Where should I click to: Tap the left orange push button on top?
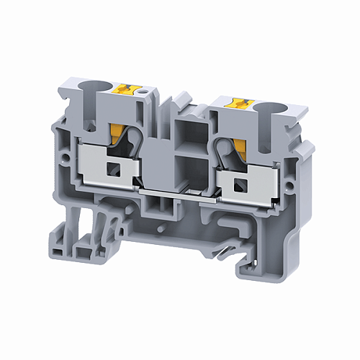coord(129,89)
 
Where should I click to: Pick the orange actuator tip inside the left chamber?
coord(117,131)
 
